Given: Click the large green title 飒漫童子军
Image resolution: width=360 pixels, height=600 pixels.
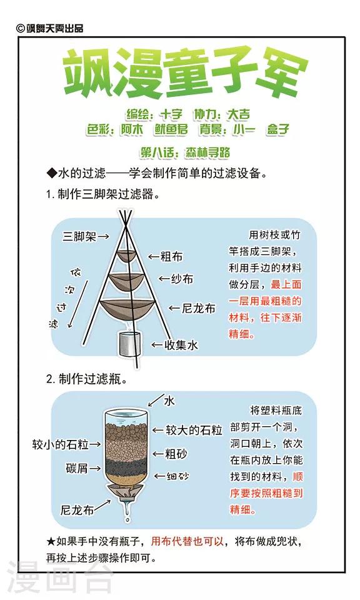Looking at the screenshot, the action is [x=186, y=74].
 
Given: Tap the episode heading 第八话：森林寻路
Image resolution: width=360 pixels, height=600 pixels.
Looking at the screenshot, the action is [x=185, y=152].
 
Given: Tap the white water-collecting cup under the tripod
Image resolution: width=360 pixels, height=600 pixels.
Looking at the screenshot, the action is [x=129, y=343].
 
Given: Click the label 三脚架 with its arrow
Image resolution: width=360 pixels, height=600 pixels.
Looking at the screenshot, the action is [x=86, y=236].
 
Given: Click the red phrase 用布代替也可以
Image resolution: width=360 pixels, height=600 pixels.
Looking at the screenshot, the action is [x=187, y=541].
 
